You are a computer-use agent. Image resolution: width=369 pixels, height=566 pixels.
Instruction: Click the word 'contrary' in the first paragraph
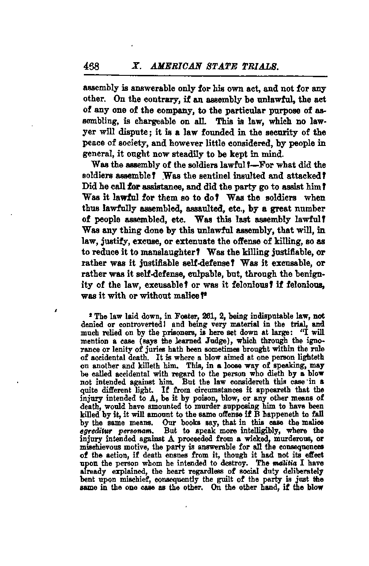(148, 97)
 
